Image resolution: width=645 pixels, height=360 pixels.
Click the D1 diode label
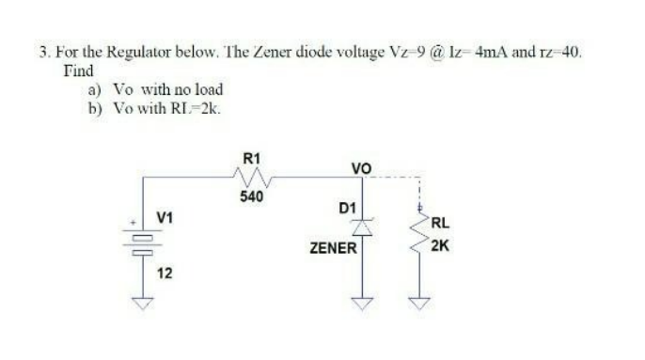point(346,207)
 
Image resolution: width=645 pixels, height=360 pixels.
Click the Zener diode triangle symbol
point(363,227)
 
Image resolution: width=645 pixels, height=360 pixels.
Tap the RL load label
point(441,224)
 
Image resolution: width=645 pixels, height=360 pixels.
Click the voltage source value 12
point(165,274)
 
